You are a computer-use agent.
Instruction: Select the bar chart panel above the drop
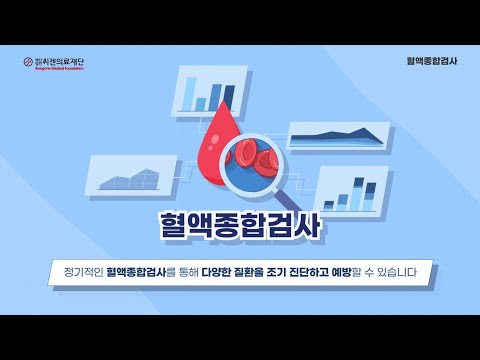[209, 91]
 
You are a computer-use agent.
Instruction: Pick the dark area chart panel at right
[337, 137]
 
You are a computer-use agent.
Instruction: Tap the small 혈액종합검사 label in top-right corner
[424, 59]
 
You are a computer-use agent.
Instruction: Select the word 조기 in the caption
[289, 271]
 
